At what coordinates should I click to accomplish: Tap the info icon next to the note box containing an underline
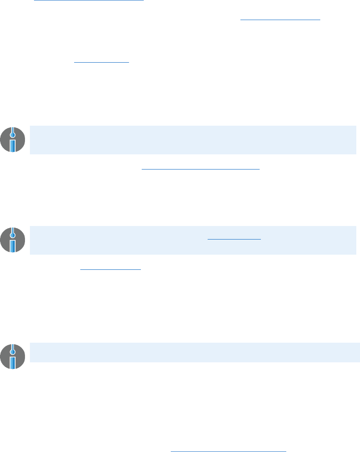point(13,240)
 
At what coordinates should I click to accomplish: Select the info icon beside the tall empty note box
point(13,140)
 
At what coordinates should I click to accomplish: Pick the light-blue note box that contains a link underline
point(192,240)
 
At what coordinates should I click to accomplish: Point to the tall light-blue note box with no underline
point(192,140)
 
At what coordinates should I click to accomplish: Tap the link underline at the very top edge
point(89,1)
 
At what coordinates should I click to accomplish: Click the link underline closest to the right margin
point(280,20)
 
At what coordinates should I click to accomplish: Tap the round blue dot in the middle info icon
point(13,235)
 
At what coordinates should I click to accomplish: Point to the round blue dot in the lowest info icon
point(13,351)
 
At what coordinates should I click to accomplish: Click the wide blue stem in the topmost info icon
point(13,145)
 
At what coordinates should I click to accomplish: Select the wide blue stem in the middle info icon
point(13,246)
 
